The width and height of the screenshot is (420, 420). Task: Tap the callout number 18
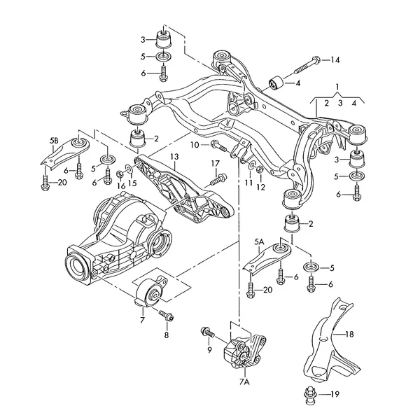350,335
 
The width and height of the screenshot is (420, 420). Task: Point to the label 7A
244,384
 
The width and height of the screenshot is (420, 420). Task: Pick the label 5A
259,242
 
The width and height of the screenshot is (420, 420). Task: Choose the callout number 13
174,156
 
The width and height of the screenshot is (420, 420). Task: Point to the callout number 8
166,335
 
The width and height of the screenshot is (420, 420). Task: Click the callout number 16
120,185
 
